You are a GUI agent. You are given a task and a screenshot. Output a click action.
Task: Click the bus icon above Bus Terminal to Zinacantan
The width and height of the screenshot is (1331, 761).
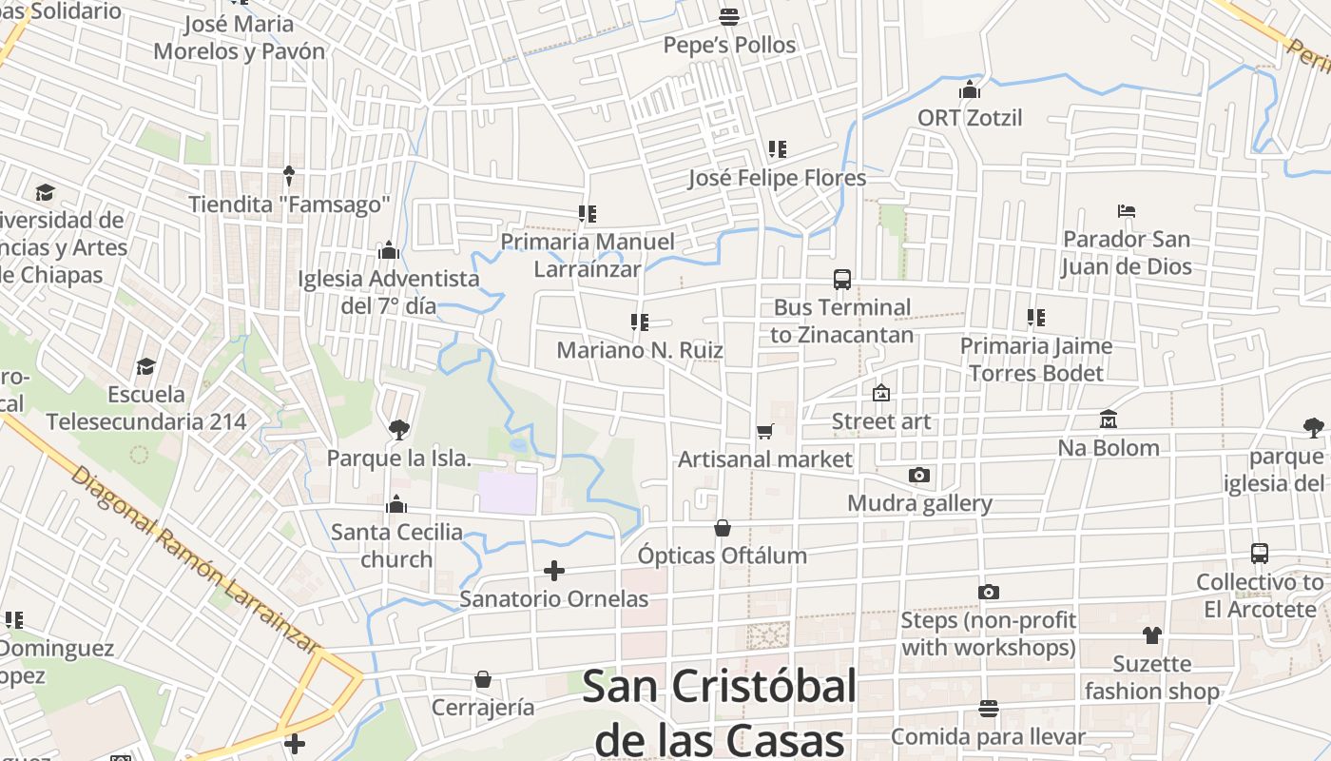tap(842, 280)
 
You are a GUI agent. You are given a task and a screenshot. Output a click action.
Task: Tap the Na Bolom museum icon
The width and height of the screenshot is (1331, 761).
tap(1109, 420)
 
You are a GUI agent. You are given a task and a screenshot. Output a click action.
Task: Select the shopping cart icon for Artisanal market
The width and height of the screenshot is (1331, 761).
tap(765, 431)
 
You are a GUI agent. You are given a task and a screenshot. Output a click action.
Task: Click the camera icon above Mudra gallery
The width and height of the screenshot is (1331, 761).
tap(919, 475)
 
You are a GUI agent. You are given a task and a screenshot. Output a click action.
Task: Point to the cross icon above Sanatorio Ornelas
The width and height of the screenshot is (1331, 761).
tap(554, 571)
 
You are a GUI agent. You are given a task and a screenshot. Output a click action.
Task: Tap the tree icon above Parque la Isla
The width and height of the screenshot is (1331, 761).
tap(399, 430)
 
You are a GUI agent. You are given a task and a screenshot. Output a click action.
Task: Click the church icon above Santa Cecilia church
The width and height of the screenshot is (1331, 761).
tap(396, 504)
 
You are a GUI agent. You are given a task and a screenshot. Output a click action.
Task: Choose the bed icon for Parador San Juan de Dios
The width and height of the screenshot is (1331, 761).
tap(1127, 211)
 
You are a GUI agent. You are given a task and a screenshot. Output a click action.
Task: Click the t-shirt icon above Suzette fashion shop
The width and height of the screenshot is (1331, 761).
tap(1152, 635)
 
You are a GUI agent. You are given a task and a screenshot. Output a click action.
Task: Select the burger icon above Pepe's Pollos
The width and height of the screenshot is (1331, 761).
tap(729, 17)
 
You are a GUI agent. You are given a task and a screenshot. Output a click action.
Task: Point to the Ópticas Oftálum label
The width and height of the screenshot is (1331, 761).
tap(723, 556)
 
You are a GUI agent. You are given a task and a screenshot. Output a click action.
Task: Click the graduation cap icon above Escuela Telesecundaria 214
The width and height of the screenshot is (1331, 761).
tap(145, 366)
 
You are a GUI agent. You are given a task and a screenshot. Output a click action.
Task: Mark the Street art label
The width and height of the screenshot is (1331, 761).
tap(881, 421)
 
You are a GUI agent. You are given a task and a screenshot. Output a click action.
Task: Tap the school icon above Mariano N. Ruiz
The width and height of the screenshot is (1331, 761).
tap(640, 322)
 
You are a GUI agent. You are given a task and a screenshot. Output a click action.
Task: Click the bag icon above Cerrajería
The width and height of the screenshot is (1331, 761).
tap(483, 679)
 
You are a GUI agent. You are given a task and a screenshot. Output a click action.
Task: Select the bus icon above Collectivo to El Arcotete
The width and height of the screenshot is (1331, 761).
tap(1260, 554)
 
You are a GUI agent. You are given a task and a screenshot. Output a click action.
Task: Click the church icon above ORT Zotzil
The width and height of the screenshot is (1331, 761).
tap(970, 90)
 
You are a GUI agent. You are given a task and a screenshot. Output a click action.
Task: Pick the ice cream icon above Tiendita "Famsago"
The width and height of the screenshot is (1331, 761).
tap(289, 176)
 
